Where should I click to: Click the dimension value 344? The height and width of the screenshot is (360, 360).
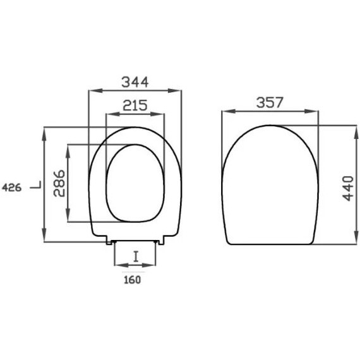(x=135, y=82)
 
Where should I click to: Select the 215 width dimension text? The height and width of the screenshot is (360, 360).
(x=135, y=105)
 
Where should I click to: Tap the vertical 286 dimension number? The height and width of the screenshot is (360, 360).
(x=59, y=183)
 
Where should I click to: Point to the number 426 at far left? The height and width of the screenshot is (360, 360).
(x=12, y=188)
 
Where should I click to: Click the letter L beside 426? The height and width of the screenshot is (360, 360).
(x=36, y=185)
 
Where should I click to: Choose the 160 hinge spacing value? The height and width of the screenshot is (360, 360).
(x=132, y=280)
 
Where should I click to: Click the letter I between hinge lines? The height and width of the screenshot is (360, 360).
(x=136, y=256)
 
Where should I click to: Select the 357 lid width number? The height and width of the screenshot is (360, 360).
(x=270, y=102)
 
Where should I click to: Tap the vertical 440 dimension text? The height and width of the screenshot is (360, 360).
(x=348, y=188)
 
